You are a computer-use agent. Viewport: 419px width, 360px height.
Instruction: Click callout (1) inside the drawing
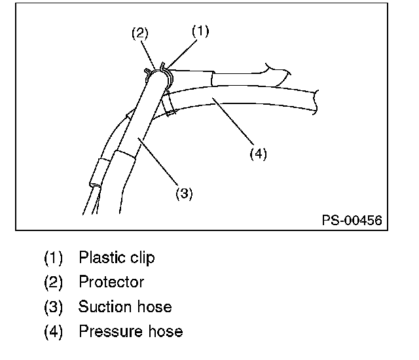200,31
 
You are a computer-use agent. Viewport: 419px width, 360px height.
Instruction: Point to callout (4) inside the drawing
258,154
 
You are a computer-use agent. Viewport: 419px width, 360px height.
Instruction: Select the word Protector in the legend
111,282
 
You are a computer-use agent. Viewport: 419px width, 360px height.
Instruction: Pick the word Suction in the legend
101,306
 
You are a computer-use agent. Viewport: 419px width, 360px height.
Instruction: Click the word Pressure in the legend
106,331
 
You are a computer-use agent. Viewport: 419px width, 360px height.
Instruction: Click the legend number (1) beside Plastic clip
53,258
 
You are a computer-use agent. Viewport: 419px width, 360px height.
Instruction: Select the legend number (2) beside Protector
53,282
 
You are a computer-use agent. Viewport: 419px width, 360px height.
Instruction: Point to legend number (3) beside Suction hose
53,306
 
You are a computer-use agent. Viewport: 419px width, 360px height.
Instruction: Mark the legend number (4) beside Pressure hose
53,331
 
